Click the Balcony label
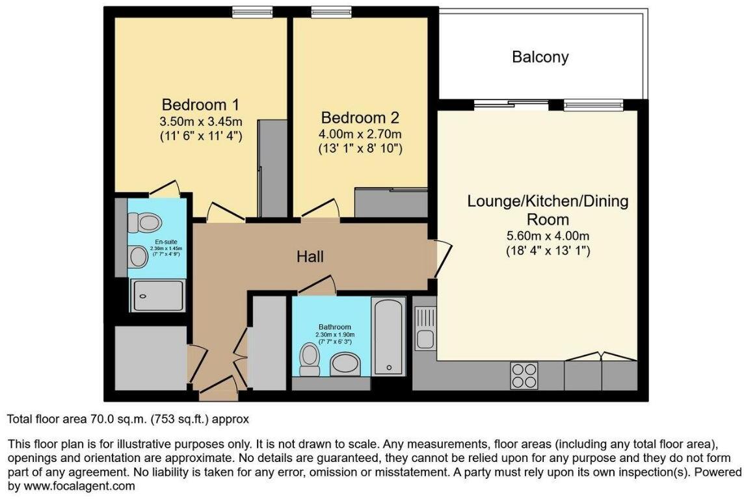(540, 57)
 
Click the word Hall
(310, 257)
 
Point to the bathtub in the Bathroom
(388, 336)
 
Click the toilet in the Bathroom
(309, 359)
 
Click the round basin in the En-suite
(139, 257)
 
